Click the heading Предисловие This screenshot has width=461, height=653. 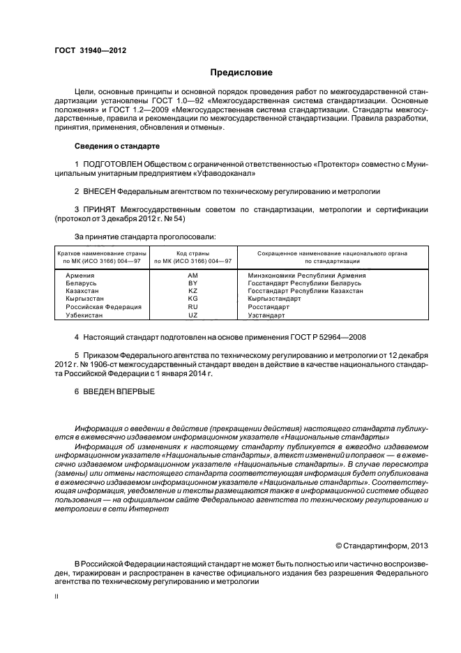241,72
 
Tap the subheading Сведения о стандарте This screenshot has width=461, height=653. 117,147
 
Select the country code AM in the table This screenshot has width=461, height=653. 193,276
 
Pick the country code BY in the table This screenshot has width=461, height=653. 193,284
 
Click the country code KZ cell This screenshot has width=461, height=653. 193,292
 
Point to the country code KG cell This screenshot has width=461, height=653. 193,299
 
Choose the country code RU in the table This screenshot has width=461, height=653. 193,307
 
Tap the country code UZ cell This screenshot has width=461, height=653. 193,315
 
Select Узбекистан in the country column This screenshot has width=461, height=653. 84,315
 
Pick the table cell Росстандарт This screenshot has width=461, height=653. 269,307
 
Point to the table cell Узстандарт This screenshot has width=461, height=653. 266,315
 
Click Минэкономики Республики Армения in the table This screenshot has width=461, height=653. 306,276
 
